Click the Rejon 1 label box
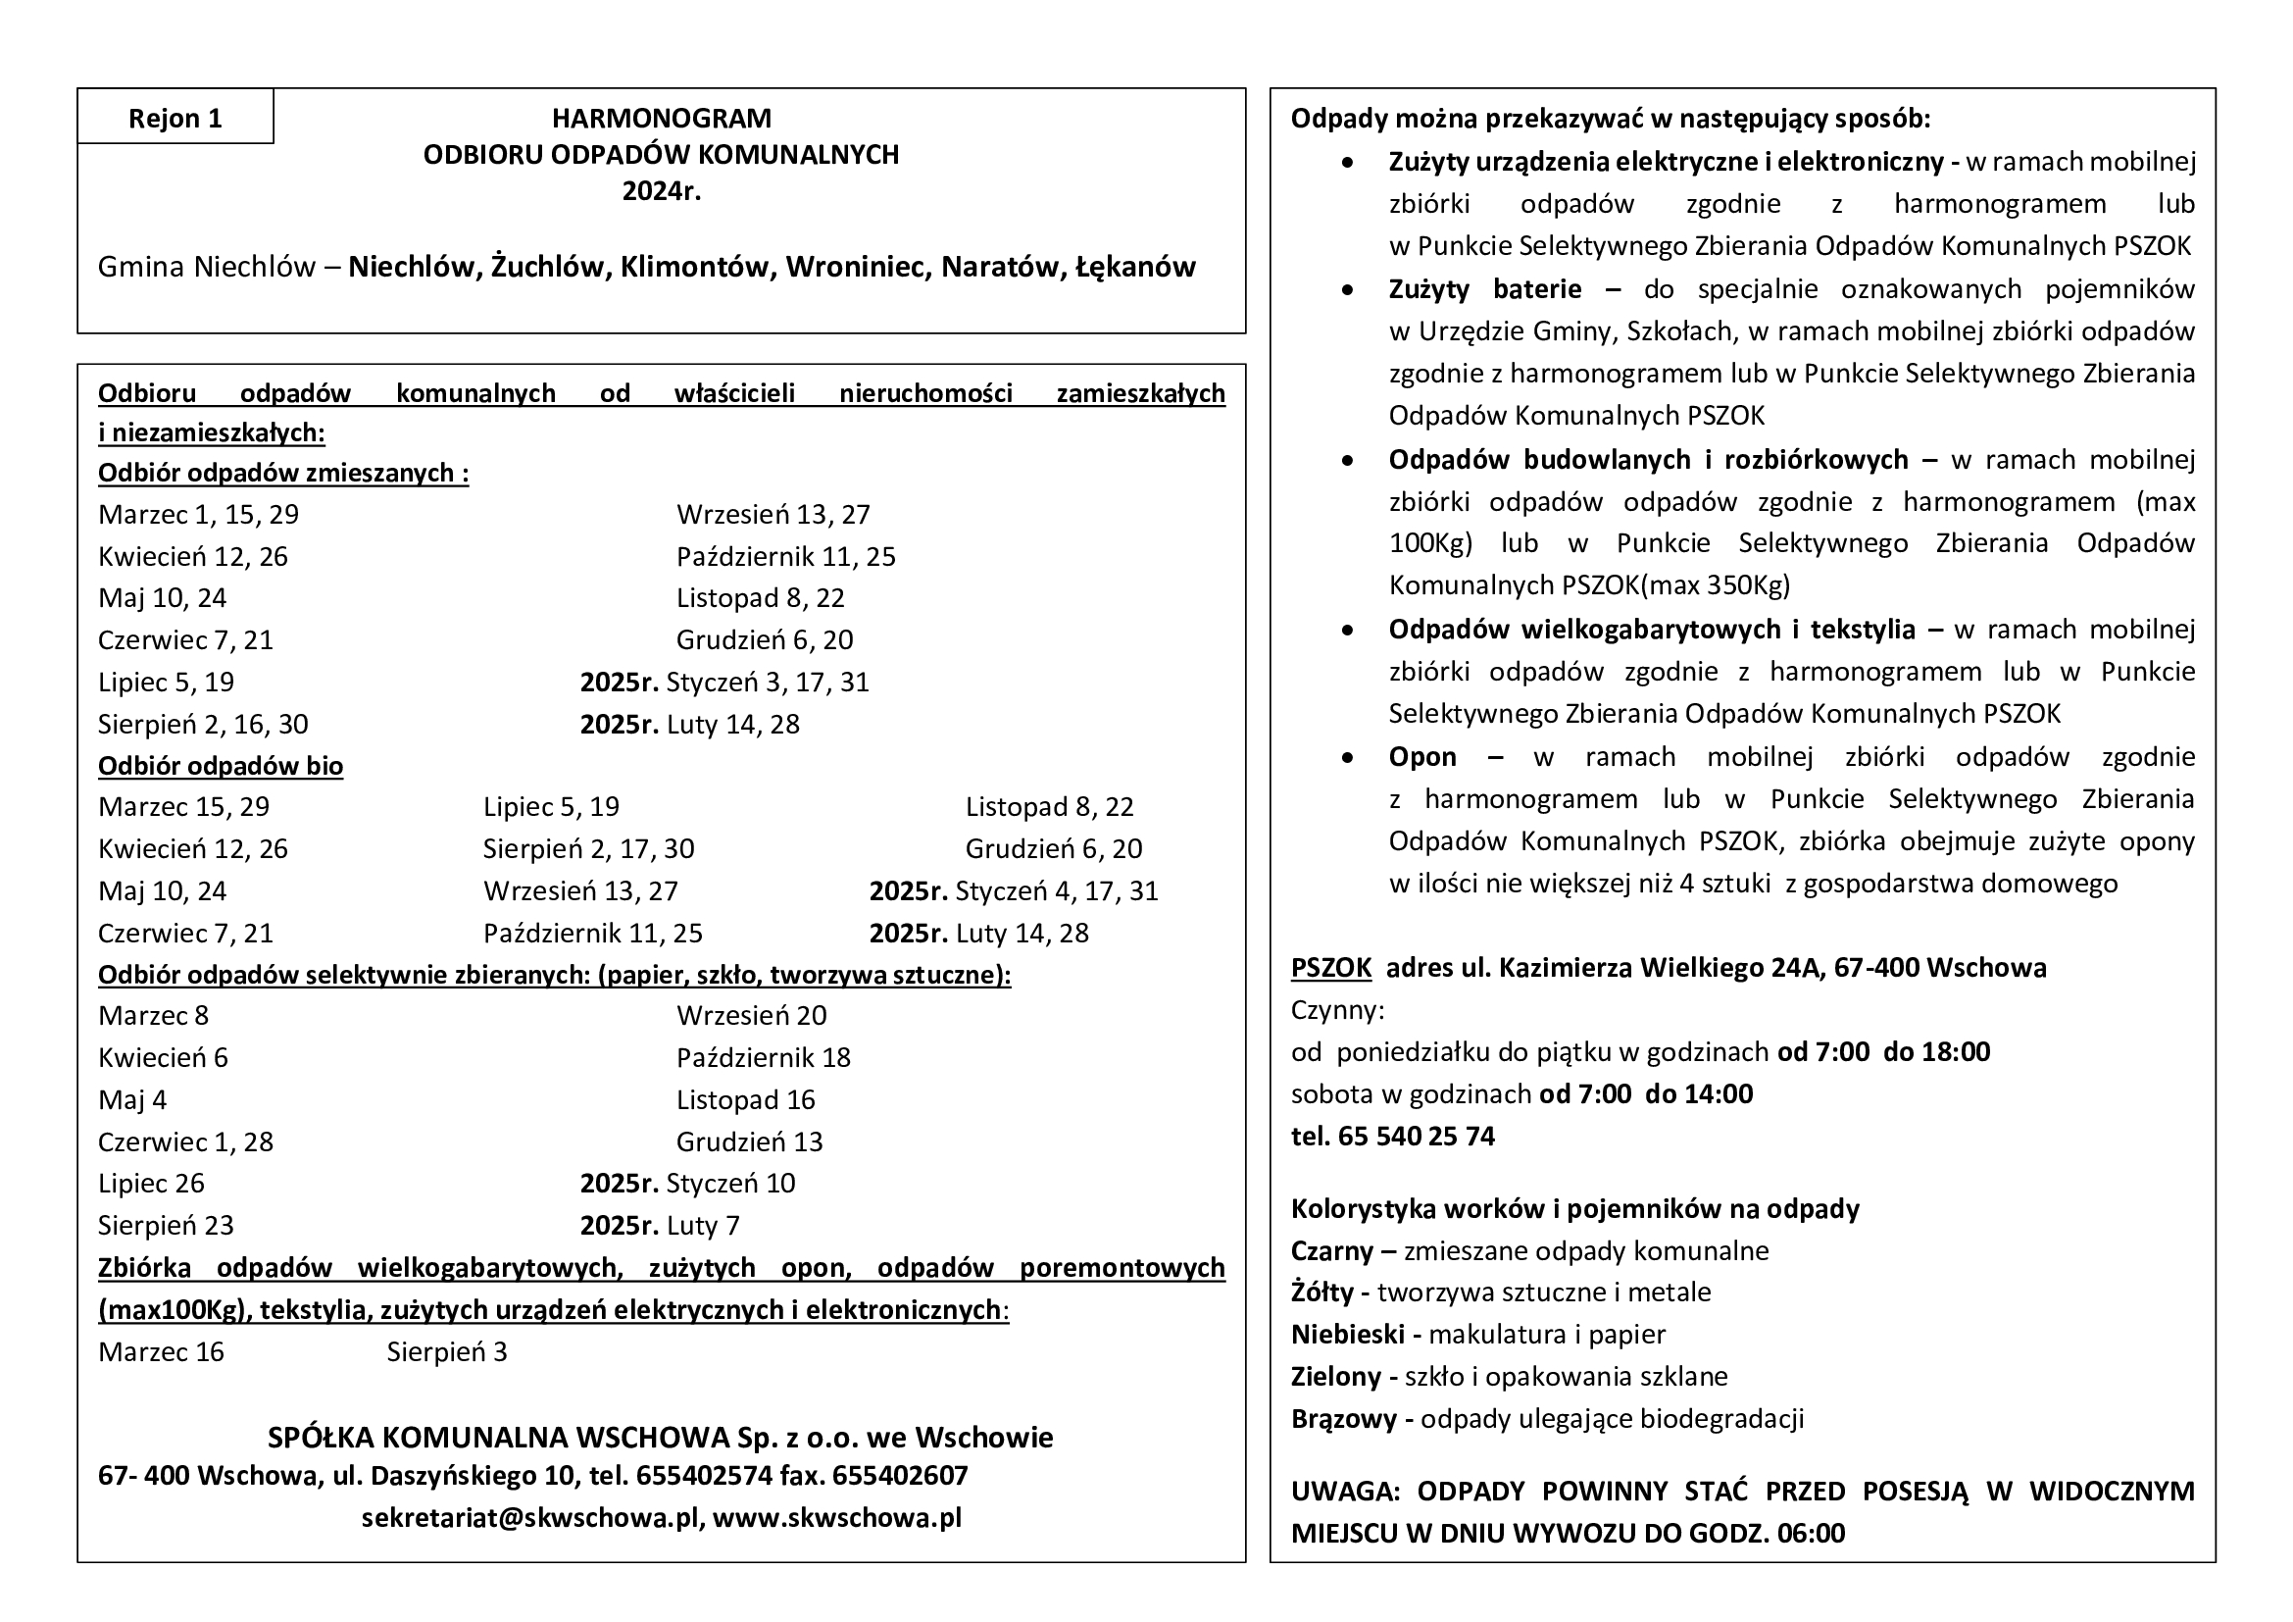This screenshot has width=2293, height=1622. tap(174, 118)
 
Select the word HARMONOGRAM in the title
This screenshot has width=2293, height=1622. tap(661, 118)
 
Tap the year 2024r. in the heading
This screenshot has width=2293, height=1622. tap(661, 191)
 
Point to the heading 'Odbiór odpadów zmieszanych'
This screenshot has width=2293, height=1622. tap(282, 473)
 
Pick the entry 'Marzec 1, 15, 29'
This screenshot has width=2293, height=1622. tap(198, 515)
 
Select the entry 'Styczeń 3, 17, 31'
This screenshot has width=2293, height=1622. tap(767, 683)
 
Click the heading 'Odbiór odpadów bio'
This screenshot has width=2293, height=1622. tap(220, 766)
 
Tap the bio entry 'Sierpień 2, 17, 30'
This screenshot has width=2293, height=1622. tap(588, 849)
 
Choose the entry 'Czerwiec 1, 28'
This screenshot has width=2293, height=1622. tap(184, 1141)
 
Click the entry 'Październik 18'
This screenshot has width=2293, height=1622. tap(763, 1058)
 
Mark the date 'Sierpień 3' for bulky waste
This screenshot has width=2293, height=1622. tap(446, 1352)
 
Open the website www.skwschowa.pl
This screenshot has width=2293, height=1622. tap(837, 1518)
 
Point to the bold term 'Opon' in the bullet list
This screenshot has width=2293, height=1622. tap(1422, 757)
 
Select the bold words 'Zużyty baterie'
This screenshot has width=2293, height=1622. tap(1484, 289)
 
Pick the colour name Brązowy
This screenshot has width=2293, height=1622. tap(1343, 1419)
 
